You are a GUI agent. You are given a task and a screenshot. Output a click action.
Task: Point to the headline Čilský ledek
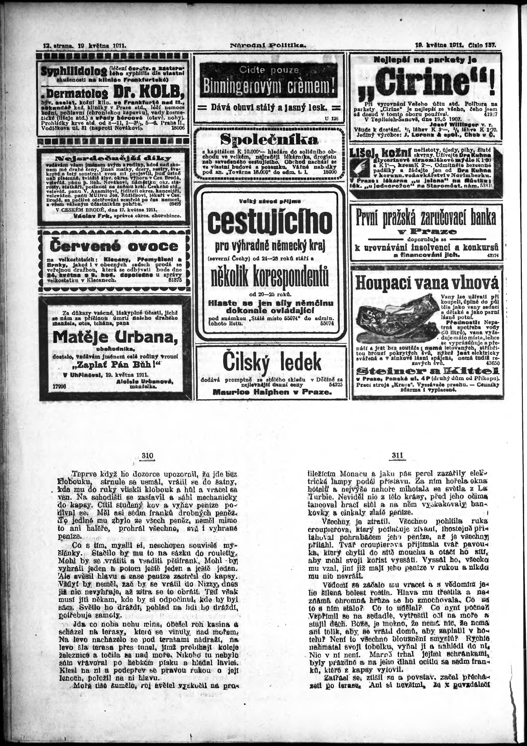272,362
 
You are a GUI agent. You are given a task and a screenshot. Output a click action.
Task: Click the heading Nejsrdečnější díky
113,159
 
